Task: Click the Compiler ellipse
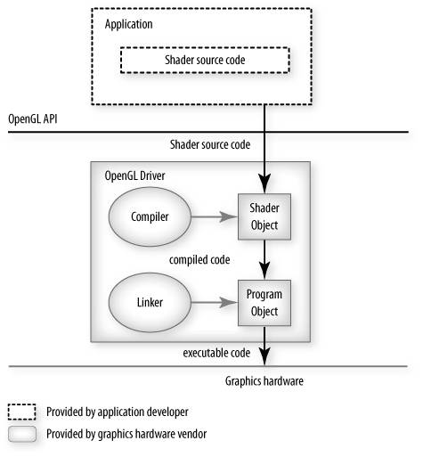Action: coord(150,216)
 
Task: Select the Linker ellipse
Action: coord(150,303)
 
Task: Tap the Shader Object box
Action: coord(264,216)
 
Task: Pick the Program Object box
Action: coord(264,303)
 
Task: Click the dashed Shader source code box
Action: coord(205,60)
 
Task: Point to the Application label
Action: coord(129,24)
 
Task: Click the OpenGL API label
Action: coord(33,119)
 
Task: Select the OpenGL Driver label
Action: coord(134,175)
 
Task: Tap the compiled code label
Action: coord(199,260)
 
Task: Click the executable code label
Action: coord(216,353)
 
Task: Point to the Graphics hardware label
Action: coord(264,381)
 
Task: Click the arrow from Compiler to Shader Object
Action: coord(215,216)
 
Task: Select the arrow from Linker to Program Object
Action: coord(215,303)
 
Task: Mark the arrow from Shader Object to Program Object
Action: coord(264,260)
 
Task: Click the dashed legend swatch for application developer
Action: coord(22,412)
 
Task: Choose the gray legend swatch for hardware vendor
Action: coord(22,434)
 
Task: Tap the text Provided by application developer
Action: coord(118,412)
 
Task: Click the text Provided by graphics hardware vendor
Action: coord(126,434)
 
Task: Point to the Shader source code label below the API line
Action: coord(210,145)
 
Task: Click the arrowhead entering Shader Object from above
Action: coord(264,184)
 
